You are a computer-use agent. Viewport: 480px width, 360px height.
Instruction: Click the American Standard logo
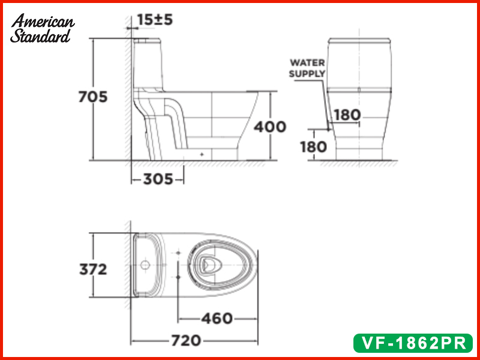42,28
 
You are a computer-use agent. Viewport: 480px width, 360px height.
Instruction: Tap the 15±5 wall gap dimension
155,20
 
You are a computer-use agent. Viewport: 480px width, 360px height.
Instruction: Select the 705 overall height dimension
93,97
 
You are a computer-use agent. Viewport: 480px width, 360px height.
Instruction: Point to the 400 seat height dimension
269,127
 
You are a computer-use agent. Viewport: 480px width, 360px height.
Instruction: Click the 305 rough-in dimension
158,179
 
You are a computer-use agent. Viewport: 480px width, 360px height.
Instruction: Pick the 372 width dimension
93,269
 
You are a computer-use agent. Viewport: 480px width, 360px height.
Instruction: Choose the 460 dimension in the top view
217,319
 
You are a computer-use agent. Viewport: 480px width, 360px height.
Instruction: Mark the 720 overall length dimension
186,340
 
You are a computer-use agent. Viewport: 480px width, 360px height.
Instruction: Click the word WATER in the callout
307,63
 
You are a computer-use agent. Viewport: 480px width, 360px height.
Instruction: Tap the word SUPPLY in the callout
307,74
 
